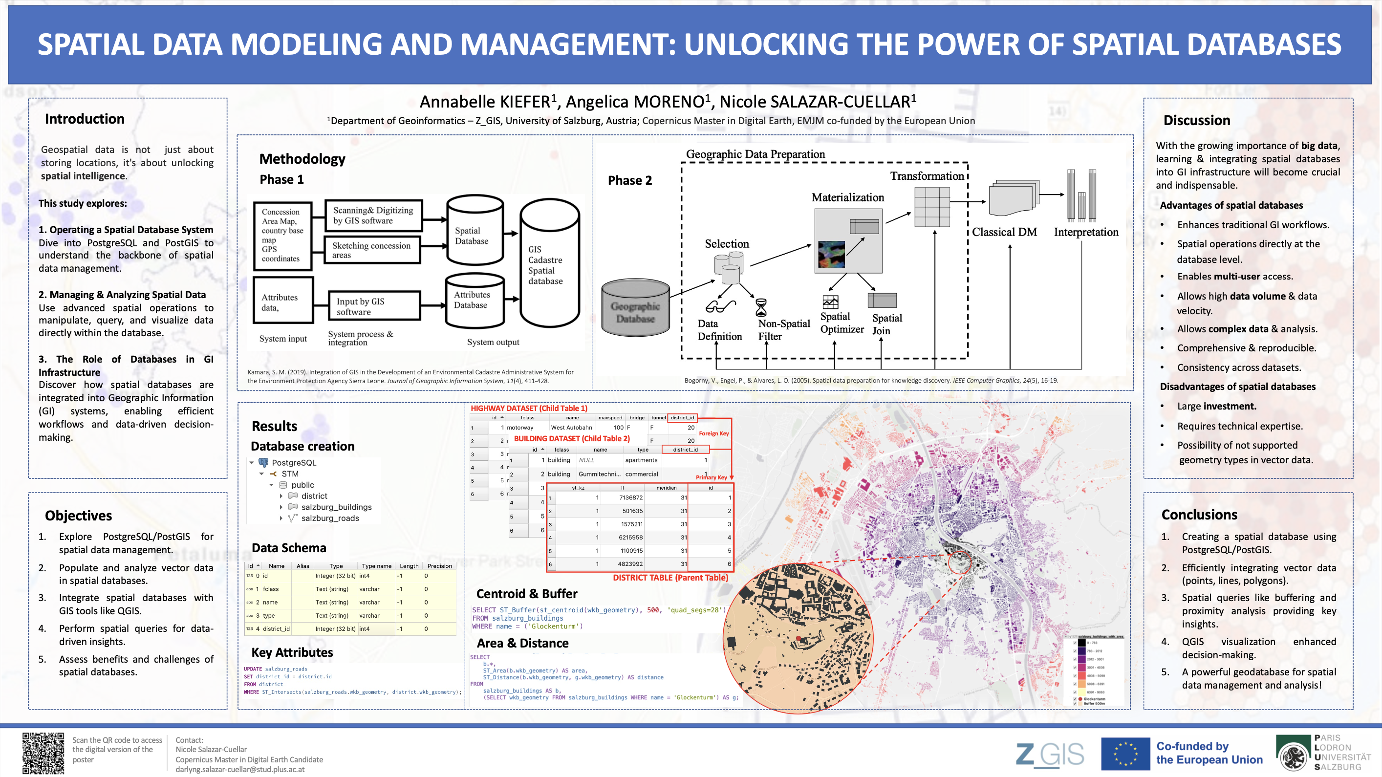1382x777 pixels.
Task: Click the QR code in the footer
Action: click(x=43, y=753)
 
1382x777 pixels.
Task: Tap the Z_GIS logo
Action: click(x=1049, y=754)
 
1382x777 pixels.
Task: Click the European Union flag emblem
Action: click(x=1125, y=754)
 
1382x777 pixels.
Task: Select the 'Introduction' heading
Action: click(x=84, y=119)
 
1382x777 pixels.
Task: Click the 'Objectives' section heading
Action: click(x=78, y=515)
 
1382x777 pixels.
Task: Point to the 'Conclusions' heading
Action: click(x=1199, y=514)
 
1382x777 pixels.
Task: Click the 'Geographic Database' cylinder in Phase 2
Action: click(x=635, y=308)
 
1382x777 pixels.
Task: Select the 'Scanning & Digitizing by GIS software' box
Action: click(x=373, y=215)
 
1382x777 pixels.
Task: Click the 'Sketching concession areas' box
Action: click(x=372, y=250)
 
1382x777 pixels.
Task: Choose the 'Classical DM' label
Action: click(x=1004, y=232)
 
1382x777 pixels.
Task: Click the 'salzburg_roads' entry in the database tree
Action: click(x=329, y=518)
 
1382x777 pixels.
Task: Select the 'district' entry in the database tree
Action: click(x=314, y=496)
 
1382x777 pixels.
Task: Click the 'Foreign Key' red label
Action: click(x=713, y=433)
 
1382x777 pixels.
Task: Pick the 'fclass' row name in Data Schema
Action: click(x=270, y=589)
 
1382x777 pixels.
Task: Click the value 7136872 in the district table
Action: click(x=630, y=497)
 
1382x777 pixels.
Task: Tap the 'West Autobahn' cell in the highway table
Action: click(x=571, y=427)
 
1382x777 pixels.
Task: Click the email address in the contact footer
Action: click(x=240, y=769)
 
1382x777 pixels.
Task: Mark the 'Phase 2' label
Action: click(x=629, y=180)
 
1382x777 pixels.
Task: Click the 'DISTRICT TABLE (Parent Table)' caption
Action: click(x=670, y=578)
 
